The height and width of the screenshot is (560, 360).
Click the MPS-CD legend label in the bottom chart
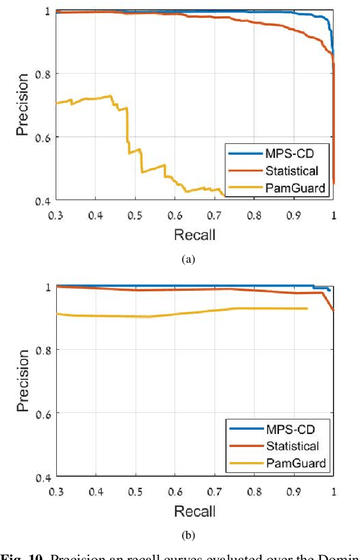click(291, 430)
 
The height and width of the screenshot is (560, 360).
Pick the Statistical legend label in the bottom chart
click(293, 446)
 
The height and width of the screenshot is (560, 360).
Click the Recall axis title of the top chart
click(195, 234)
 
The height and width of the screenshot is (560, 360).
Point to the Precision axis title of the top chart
click(22, 105)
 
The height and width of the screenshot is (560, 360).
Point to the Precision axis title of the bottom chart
click(22, 381)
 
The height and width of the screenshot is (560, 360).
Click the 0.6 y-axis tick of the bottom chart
click(43, 413)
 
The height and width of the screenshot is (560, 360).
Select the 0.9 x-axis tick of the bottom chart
click(294, 491)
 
